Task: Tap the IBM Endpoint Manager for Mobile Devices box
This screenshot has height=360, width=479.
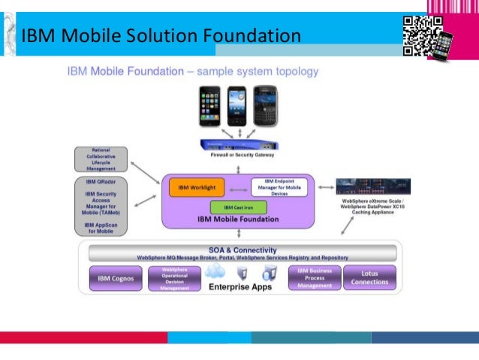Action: tap(279, 186)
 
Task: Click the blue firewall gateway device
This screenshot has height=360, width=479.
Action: tap(238, 144)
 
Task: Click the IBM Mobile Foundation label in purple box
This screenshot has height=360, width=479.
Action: tap(237, 219)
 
